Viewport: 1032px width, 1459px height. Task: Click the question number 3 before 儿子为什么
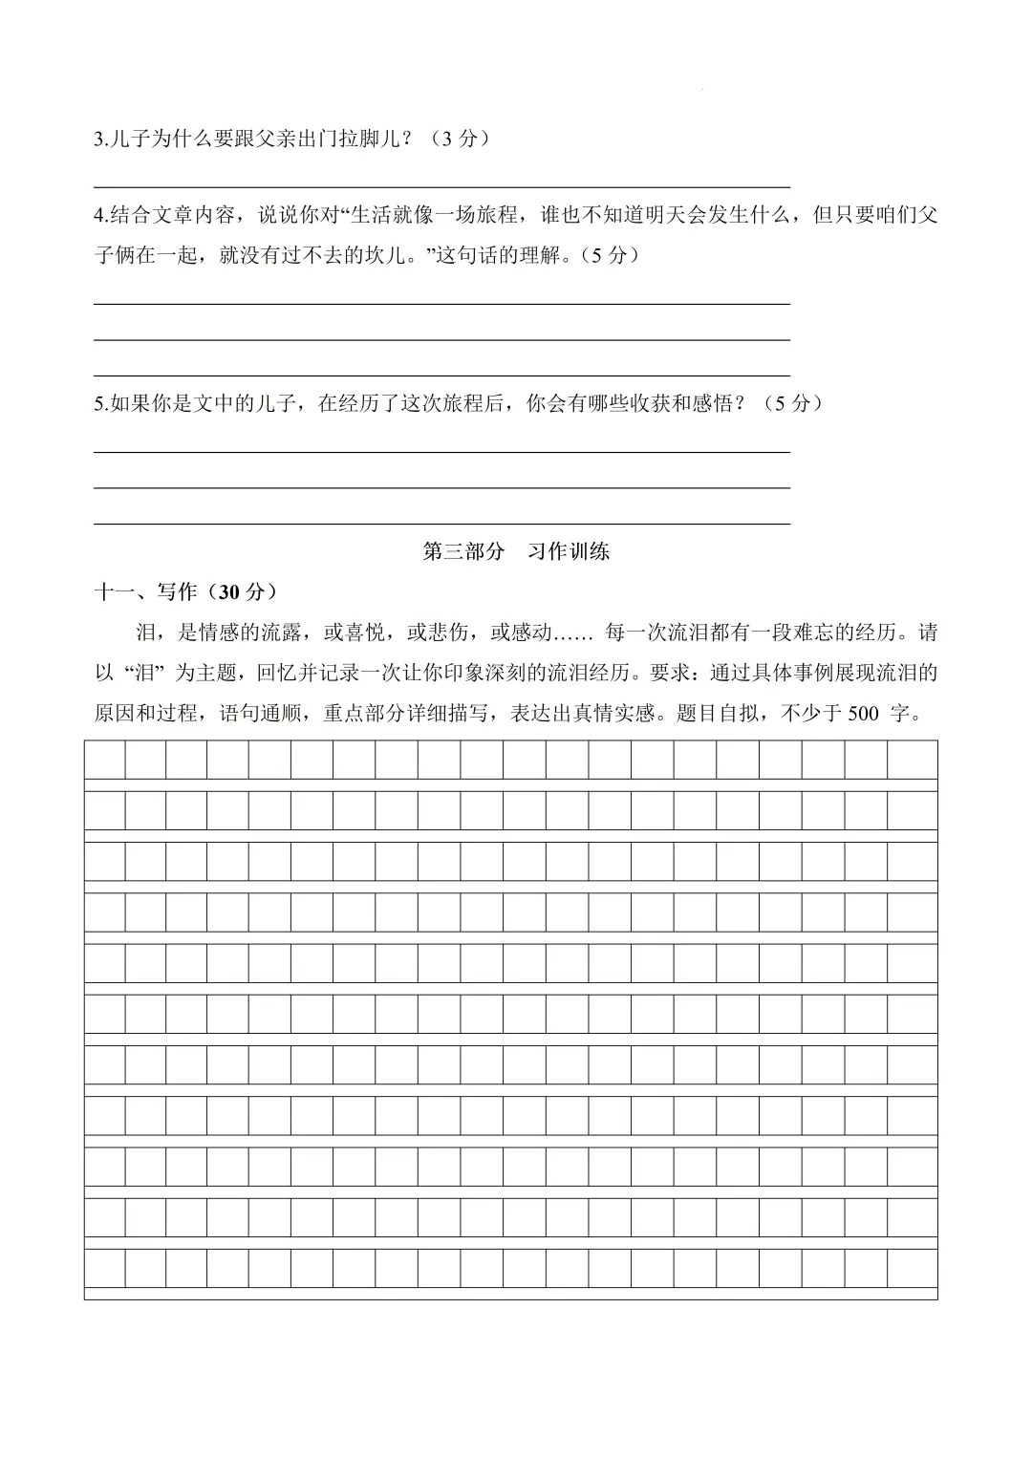(x=99, y=139)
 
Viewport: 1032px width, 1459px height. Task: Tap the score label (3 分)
(x=460, y=139)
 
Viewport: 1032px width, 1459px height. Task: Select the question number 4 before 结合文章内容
(x=99, y=215)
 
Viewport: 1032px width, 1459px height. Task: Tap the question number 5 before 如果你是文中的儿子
(x=99, y=404)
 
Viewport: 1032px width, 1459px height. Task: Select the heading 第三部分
(x=463, y=552)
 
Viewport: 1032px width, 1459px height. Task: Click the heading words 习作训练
(x=569, y=552)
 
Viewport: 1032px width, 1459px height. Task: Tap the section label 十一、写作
(x=145, y=592)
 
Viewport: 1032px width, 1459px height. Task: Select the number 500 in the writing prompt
(x=862, y=714)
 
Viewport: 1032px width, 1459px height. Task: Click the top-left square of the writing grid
(x=105, y=761)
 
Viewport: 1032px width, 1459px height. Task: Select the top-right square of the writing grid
(x=912, y=761)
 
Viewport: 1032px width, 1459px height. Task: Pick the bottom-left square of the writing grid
(x=105, y=1268)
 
